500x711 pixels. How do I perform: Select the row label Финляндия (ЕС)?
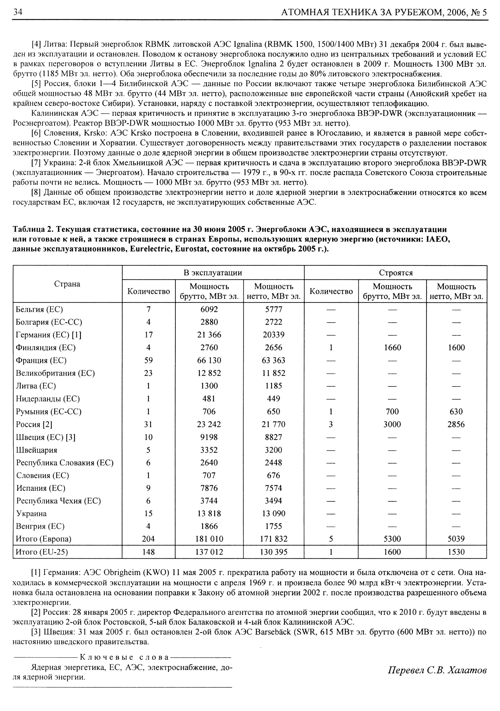pos(45,347)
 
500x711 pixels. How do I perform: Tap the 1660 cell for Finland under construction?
pos(392,347)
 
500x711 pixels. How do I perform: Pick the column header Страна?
pos(67,284)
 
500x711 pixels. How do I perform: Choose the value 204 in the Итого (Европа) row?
pos(148,539)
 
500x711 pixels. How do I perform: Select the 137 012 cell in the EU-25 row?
pos(209,552)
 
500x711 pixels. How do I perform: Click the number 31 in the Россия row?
pos(148,424)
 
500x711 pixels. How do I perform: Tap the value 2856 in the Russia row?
pos(456,424)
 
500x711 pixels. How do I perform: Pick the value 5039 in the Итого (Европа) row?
pos(456,539)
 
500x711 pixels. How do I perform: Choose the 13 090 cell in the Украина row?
pos(273,514)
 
